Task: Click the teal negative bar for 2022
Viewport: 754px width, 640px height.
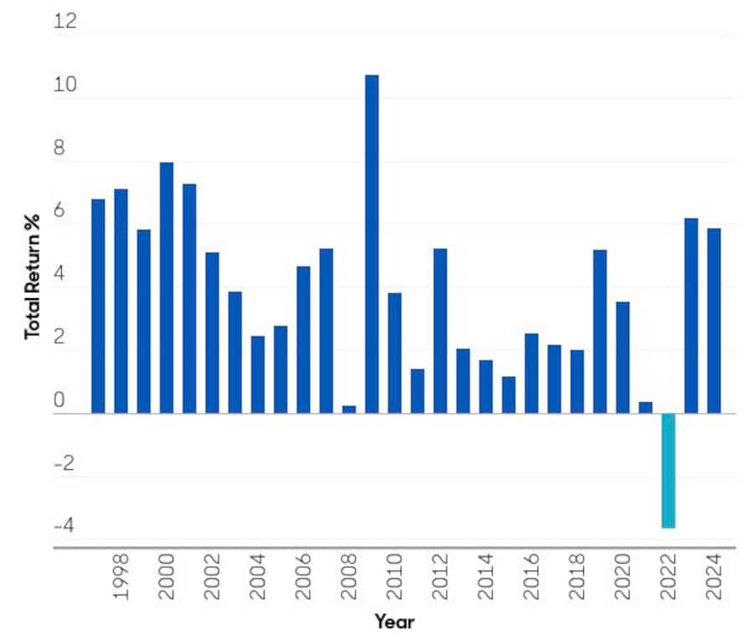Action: (x=668, y=470)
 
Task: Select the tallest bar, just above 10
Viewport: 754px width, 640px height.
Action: (x=371, y=244)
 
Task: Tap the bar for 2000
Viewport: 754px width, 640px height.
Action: (x=167, y=287)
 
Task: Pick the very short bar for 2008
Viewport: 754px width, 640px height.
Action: (x=349, y=409)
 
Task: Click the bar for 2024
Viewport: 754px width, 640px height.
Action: (x=713, y=320)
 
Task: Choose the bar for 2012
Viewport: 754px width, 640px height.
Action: (x=440, y=330)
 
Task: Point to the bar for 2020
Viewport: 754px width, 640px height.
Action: (x=622, y=357)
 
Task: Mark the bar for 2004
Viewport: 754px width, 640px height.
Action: (x=258, y=374)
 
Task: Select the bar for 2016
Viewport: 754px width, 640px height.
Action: (x=531, y=373)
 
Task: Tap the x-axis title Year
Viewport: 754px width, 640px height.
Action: (x=394, y=622)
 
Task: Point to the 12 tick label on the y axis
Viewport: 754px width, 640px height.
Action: (x=65, y=20)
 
